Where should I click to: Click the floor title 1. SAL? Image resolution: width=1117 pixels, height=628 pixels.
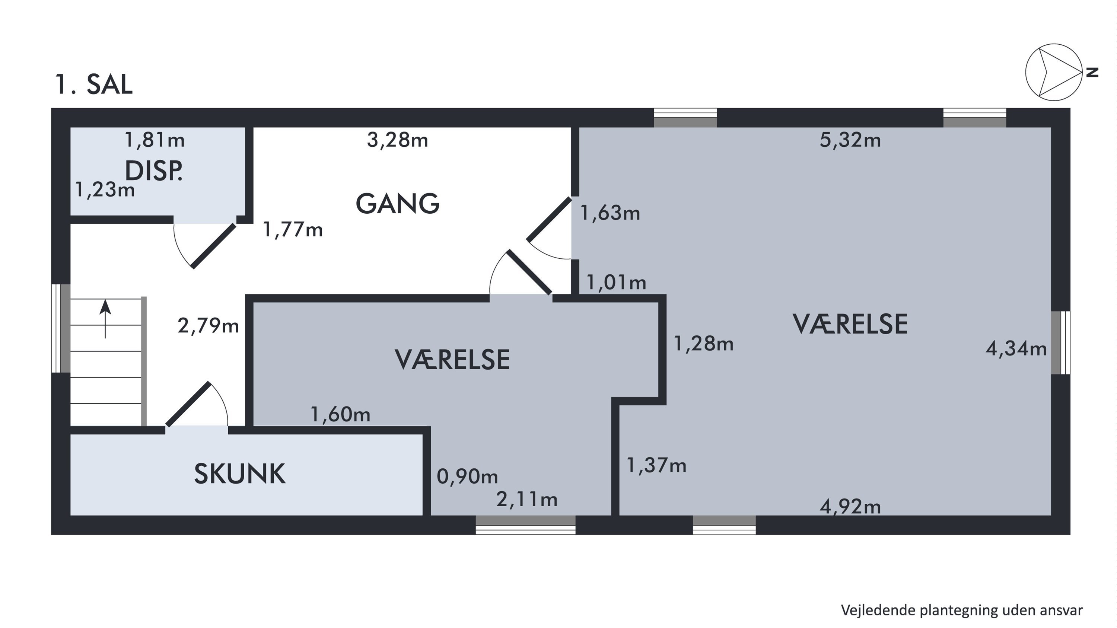pyautogui.click(x=93, y=84)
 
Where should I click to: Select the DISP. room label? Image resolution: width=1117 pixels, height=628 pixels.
pyautogui.click(x=153, y=170)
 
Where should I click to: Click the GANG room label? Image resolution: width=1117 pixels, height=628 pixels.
pyautogui.click(x=397, y=203)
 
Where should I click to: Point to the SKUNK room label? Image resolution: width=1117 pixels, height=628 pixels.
pyautogui.click(x=239, y=474)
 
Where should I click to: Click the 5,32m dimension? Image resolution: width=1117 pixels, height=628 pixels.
pyautogui.click(x=850, y=140)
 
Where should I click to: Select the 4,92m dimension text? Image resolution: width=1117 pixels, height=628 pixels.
pyautogui.click(x=850, y=506)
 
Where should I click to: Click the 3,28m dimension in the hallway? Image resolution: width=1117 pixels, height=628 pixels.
pyautogui.click(x=397, y=140)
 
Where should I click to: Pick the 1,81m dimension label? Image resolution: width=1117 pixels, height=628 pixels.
pyautogui.click(x=155, y=140)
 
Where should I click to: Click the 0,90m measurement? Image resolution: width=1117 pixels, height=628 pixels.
pyautogui.click(x=467, y=476)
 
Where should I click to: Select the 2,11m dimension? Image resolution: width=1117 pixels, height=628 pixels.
pyautogui.click(x=526, y=500)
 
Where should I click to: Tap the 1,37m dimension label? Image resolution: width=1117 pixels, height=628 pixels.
pyautogui.click(x=656, y=465)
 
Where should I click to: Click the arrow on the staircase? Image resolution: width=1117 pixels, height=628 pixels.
pyautogui.click(x=105, y=319)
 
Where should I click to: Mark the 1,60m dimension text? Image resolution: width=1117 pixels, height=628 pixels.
pyautogui.click(x=340, y=415)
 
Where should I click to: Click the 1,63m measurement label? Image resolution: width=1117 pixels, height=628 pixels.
pyautogui.click(x=610, y=213)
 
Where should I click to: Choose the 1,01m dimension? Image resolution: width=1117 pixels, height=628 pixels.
pyautogui.click(x=616, y=283)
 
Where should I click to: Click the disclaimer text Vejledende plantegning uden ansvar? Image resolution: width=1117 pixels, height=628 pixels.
pyautogui.click(x=962, y=610)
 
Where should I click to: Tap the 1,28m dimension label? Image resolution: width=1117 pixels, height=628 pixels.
pyautogui.click(x=703, y=344)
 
